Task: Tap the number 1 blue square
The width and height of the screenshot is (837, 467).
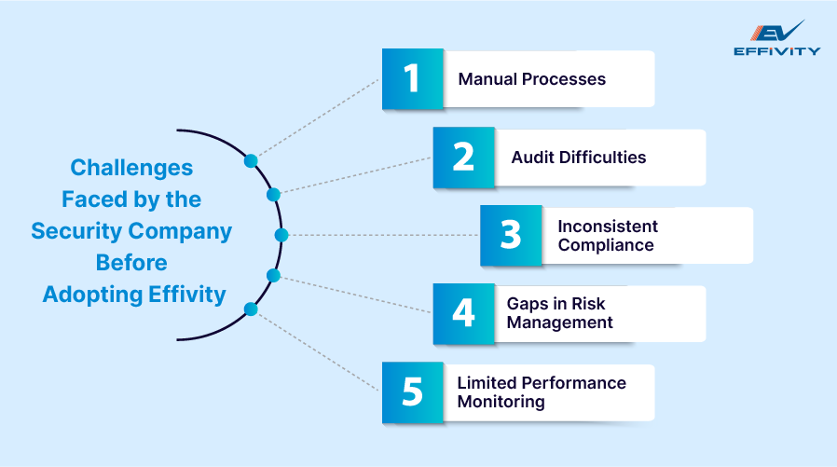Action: coord(413,79)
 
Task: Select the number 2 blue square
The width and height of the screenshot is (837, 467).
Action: coord(463,158)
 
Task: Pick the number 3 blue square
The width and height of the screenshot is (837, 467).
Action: coord(510,236)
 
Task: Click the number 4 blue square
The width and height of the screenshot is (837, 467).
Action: coord(463,314)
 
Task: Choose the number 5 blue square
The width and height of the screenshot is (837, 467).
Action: coord(413,392)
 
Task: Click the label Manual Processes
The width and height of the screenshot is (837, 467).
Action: coord(531,79)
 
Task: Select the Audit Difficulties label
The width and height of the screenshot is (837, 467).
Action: coord(578,158)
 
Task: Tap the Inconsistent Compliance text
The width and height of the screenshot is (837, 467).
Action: coord(608,236)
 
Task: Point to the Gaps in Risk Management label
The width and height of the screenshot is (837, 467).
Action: coord(559,314)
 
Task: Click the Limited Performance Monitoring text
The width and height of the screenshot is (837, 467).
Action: coord(541,392)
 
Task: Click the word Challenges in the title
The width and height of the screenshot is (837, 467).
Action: coord(131,168)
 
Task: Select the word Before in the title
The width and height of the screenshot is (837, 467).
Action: coord(131,263)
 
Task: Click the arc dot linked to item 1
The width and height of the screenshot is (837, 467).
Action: coord(250,160)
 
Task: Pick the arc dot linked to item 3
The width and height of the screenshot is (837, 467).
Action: coord(281,235)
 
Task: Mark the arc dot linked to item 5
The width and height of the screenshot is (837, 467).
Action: coord(250,309)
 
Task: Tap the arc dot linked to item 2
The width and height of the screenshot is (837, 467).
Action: coord(273,195)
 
